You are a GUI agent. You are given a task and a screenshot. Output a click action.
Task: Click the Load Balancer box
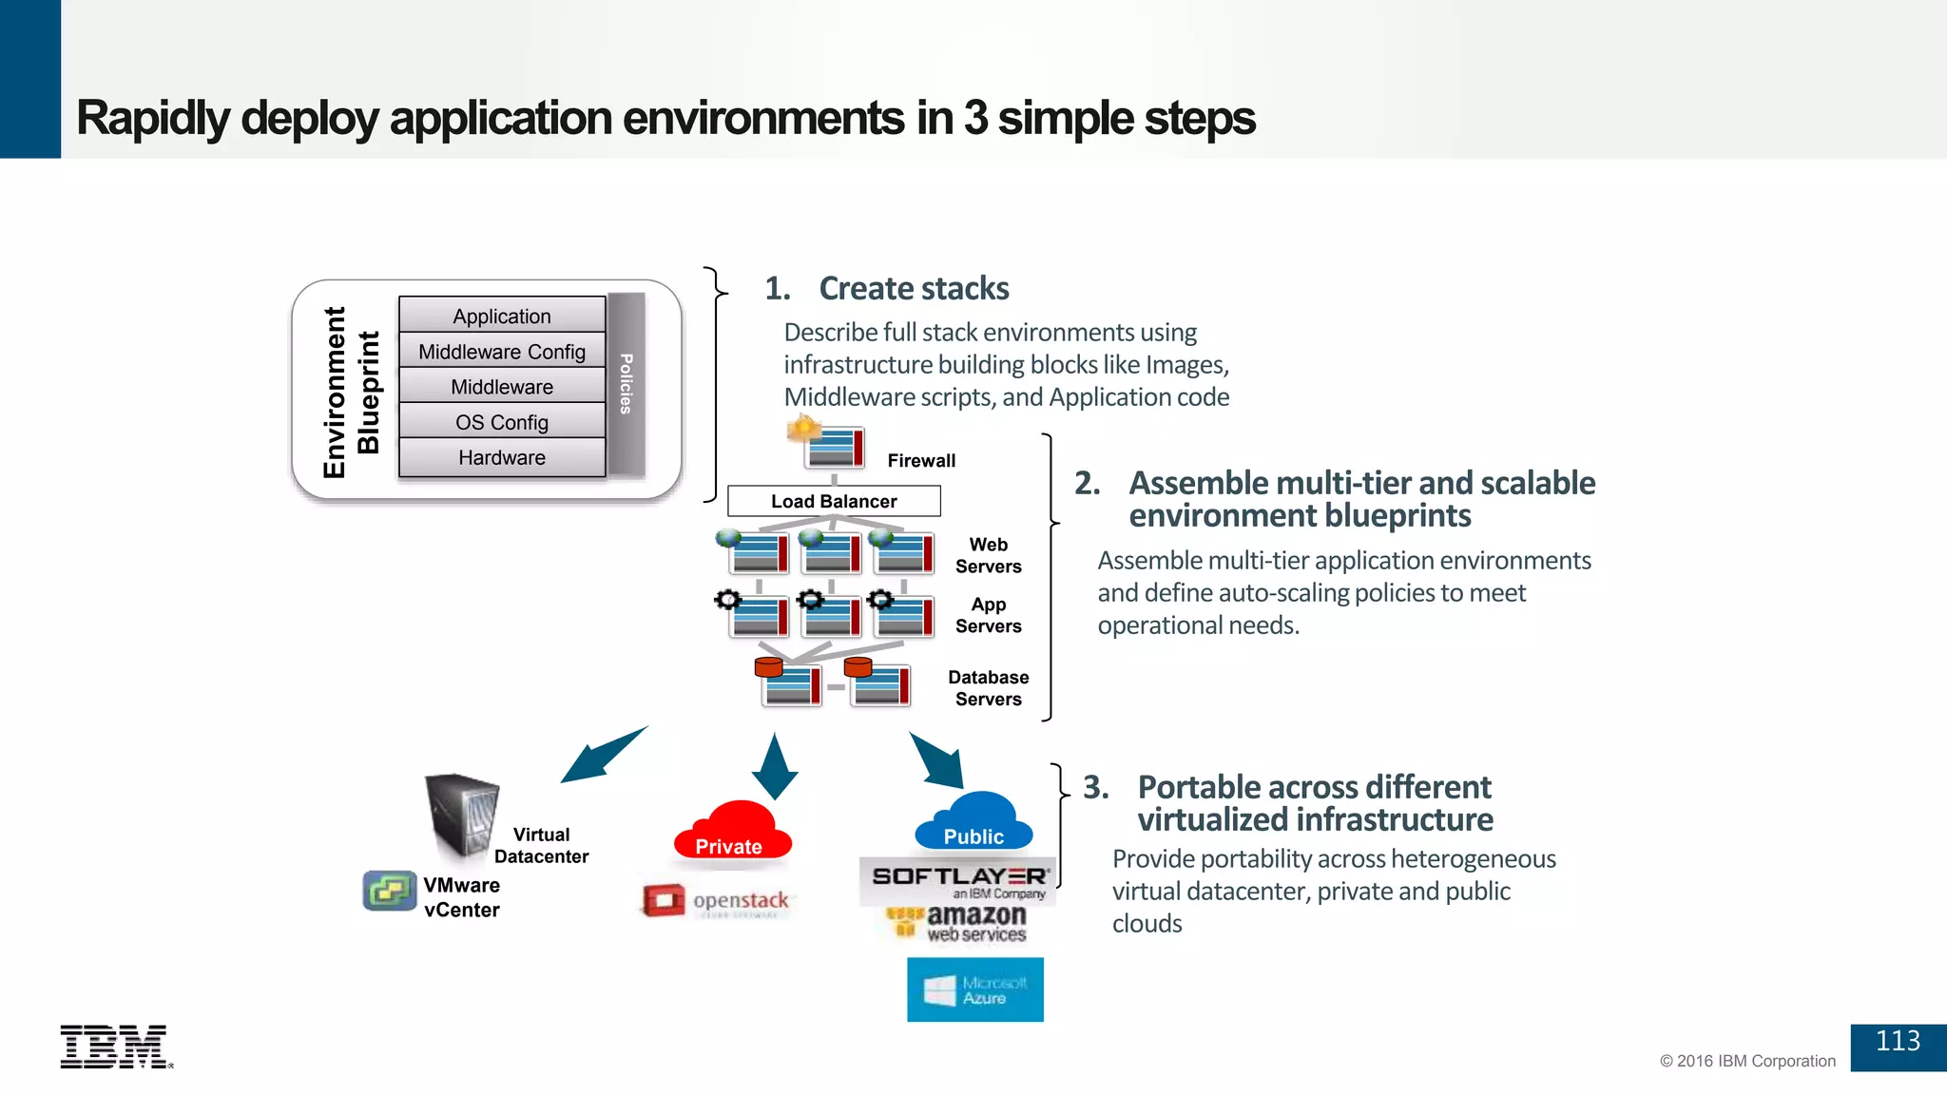coord(834,501)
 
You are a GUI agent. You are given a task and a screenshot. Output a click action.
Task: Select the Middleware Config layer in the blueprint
coord(502,352)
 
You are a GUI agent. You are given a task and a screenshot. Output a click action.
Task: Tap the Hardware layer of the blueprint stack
coord(502,457)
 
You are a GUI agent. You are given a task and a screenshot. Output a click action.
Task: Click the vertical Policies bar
coord(626,384)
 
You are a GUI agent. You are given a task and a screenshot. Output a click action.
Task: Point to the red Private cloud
coord(731,832)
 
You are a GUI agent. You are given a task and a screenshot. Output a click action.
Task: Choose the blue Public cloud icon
coord(973,823)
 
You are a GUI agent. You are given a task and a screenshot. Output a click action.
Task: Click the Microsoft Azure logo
coord(974,989)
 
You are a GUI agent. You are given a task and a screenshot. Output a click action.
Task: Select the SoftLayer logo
coord(957,880)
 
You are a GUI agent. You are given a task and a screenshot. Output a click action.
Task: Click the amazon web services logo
coord(958,923)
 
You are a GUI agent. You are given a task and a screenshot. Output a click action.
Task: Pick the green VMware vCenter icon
coord(390,891)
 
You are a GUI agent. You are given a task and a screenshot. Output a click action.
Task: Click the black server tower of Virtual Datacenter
coord(461,816)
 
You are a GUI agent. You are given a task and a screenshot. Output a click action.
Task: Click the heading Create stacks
coord(913,288)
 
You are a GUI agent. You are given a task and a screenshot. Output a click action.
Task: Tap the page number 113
coord(1898,1042)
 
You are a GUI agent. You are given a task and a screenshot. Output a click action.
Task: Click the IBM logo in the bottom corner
coord(115,1047)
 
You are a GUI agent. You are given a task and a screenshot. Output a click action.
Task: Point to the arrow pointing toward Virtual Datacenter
coord(602,755)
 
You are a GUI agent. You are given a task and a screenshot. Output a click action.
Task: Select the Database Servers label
coord(988,688)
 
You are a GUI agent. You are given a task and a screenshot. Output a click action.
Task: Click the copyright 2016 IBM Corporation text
coord(1747,1061)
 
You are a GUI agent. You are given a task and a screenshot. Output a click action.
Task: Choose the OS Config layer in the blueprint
coord(502,422)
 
